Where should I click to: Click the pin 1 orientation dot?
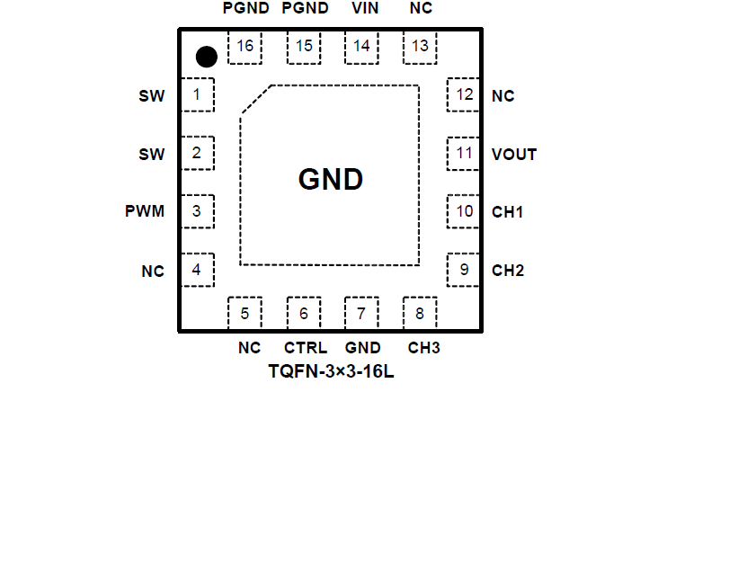pos(207,57)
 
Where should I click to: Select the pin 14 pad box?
pos(361,47)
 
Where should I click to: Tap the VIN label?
pos(365,9)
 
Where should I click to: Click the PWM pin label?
pos(145,212)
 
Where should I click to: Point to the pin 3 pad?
pos(198,212)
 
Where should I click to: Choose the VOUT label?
pos(514,155)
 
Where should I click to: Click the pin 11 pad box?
pos(463,154)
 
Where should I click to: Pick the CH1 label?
pos(508,212)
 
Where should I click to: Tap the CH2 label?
pos(508,271)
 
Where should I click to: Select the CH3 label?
pos(424,348)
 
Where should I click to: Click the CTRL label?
pos(306,348)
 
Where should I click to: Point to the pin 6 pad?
pos(304,313)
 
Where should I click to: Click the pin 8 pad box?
pos(419,313)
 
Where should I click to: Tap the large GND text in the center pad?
pos(331,180)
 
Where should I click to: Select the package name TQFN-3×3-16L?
pos(331,371)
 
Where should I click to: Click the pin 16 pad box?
pos(245,47)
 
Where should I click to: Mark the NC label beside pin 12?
pos(503,96)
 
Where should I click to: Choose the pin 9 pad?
pos(463,270)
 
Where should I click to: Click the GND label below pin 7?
pos(363,348)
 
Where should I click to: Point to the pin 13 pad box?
pos(420,47)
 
